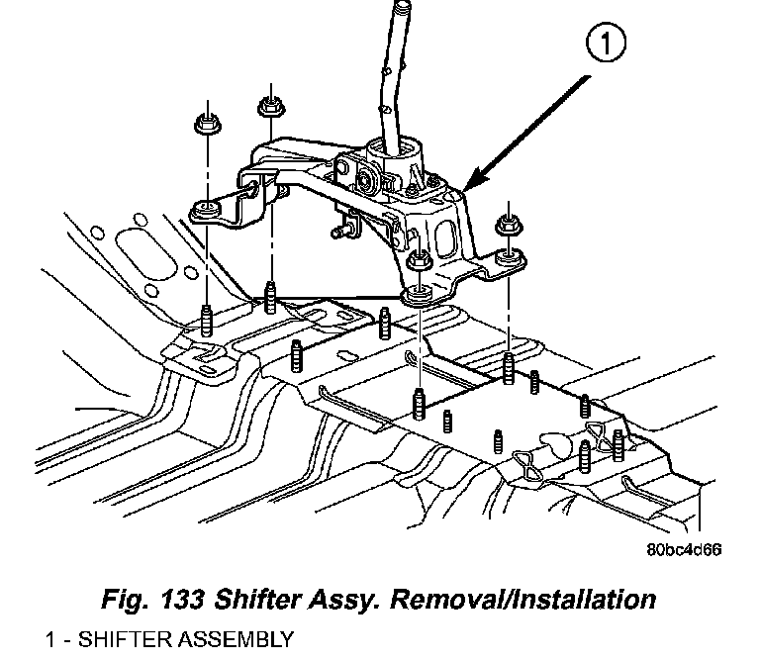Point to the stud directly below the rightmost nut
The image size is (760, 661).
pyautogui.click(x=508, y=366)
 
